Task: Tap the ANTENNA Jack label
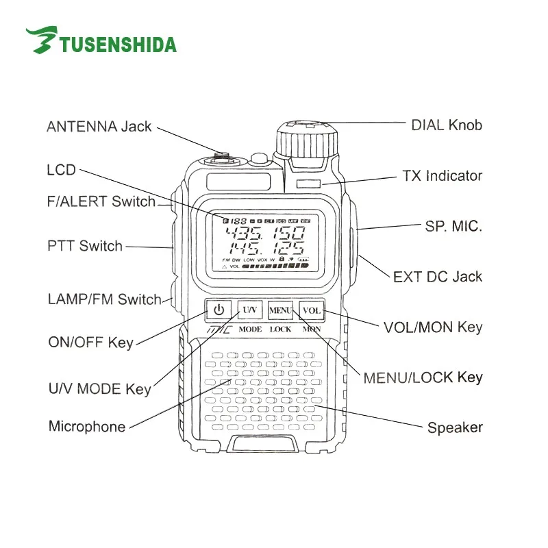[x=99, y=127]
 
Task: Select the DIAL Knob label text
[x=447, y=125]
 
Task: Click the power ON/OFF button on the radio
[x=219, y=310]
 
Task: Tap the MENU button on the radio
[x=280, y=310]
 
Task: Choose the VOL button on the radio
[x=312, y=310]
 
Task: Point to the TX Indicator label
[x=442, y=176]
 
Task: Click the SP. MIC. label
[x=453, y=226]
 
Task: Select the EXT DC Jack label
[x=438, y=277]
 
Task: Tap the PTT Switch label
[x=85, y=246]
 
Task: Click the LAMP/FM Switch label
[x=104, y=299]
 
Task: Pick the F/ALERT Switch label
[x=101, y=202]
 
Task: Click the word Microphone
[x=87, y=427]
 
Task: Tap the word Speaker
[x=455, y=428]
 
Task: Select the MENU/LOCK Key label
[x=423, y=377]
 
